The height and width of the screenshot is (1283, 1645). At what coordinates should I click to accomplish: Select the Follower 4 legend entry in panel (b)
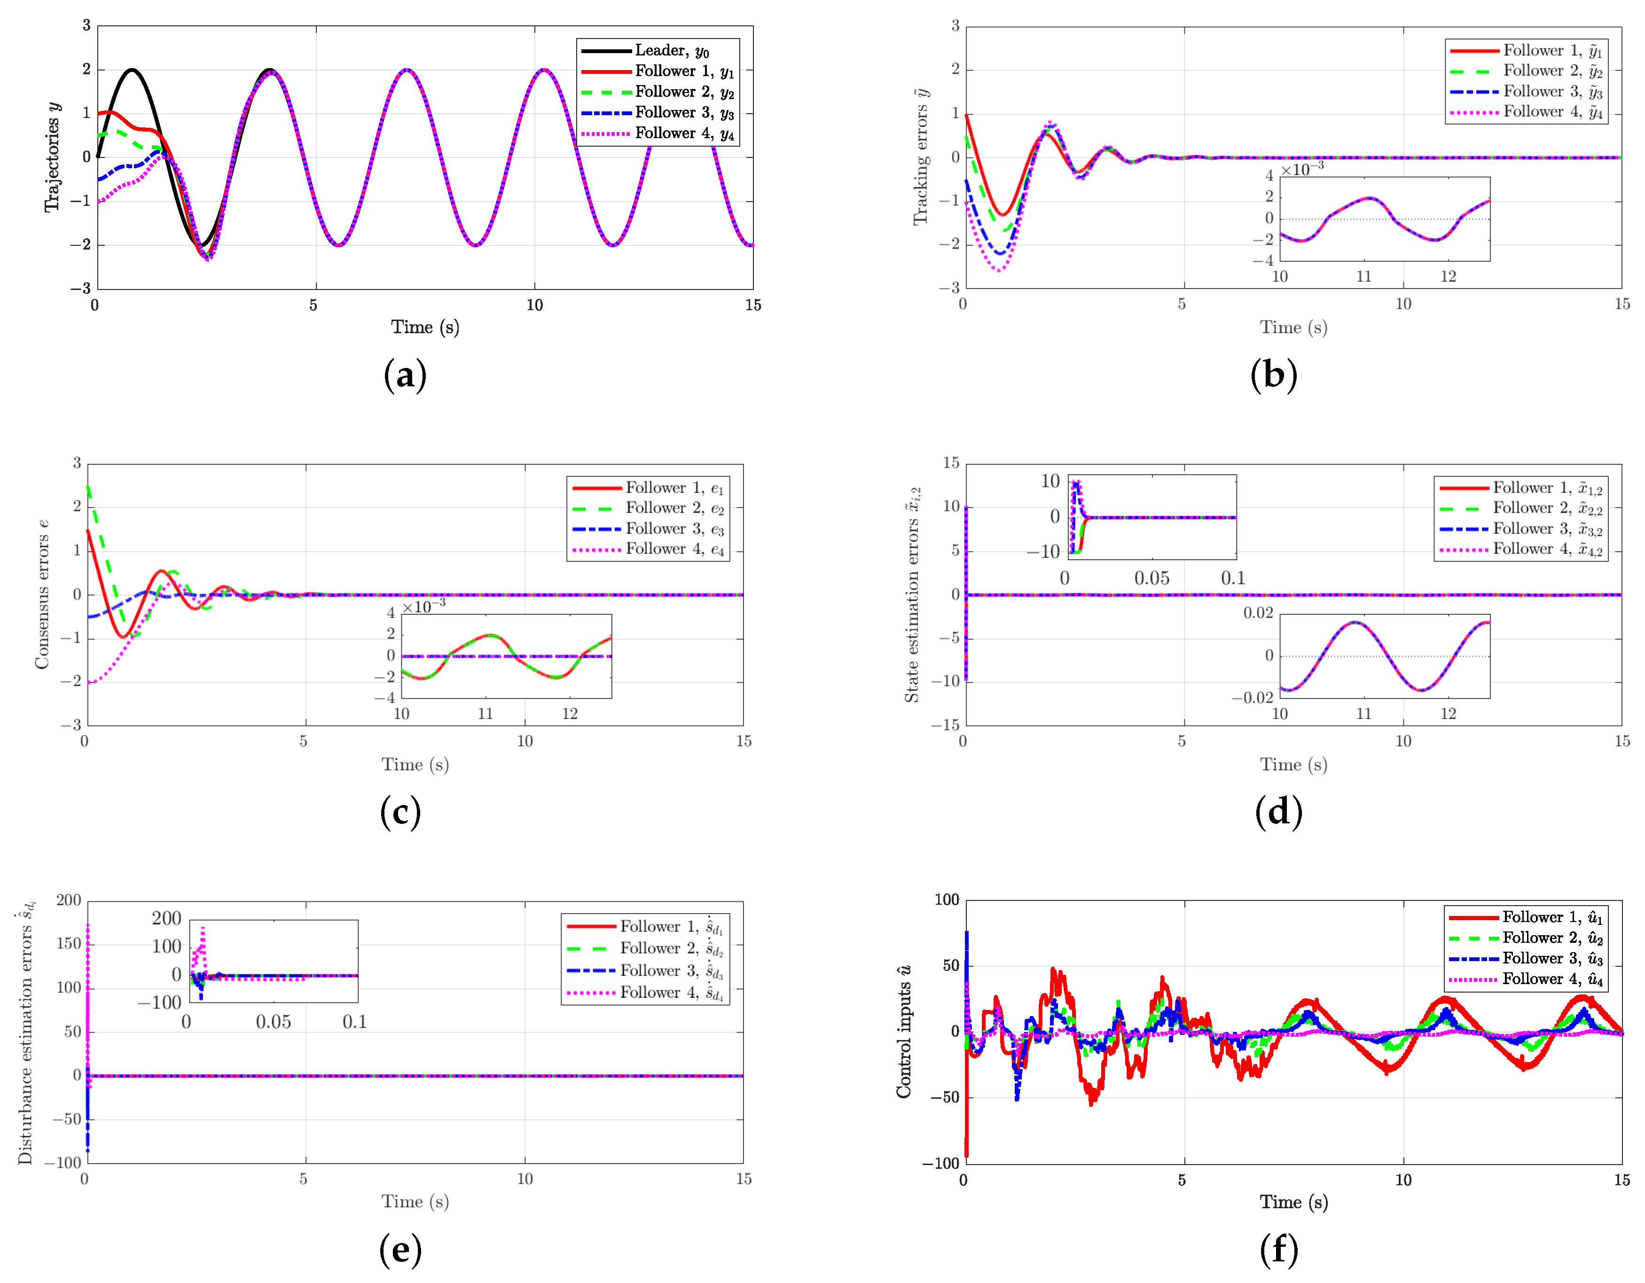[1551, 112]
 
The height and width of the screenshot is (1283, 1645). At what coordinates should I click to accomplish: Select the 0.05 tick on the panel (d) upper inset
[1151, 578]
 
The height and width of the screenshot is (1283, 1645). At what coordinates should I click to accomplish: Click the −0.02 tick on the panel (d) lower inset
[1252, 698]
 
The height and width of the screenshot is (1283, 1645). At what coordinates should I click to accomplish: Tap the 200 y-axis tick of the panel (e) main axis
[69, 900]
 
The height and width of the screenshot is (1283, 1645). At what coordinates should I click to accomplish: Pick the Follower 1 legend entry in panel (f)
[1551, 917]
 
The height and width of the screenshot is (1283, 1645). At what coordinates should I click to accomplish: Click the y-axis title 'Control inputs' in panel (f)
[904, 1032]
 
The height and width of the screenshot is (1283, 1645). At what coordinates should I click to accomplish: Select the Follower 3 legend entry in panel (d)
[1546, 529]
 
